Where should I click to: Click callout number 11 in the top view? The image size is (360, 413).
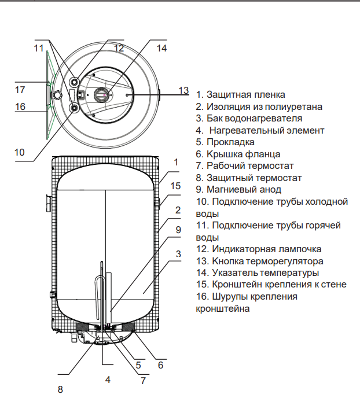click(x=39, y=48)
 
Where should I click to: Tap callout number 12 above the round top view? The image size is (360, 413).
click(x=119, y=49)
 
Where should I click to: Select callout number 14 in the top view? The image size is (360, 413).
click(x=161, y=49)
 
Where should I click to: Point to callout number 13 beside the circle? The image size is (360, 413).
click(x=183, y=90)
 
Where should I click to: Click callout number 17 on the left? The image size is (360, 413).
click(x=20, y=90)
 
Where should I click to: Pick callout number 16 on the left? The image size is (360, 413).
click(x=20, y=106)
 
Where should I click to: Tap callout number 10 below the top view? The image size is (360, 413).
click(x=20, y=152)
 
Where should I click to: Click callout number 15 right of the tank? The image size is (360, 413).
click(x=176, y=186)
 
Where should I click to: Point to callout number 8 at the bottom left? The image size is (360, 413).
click(x=60, y=389)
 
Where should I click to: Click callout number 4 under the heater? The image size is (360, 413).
click(x=107, y=379)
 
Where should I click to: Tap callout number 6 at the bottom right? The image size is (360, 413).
click(x=161, y=365)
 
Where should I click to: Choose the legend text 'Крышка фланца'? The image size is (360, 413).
click(x=238, y=154)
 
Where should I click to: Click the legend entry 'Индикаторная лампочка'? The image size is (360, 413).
click(x=259, y=249)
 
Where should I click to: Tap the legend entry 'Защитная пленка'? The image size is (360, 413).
click(x=240, y=94)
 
